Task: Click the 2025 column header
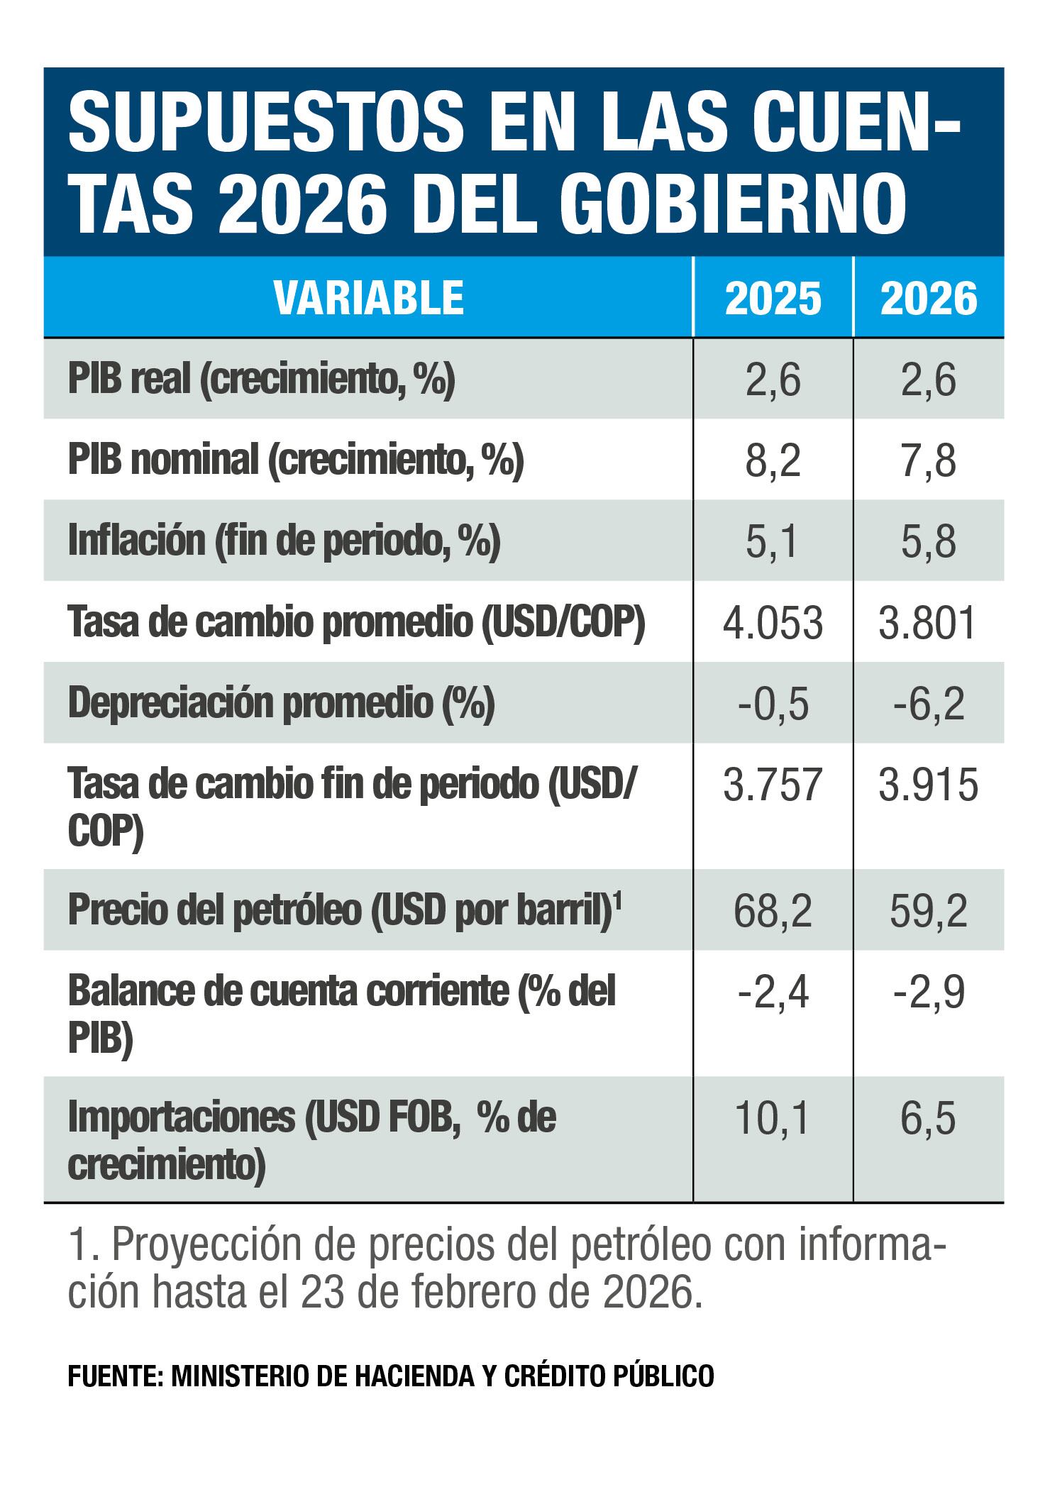pyautogui.click(x=773, y=299)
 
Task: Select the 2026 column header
pyautogui.click(x=929, y=299)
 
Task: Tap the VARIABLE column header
pyautogui.click(x=369, y=298)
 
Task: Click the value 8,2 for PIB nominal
pyautogui.click(x=773, y=462)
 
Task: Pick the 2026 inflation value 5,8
pyautogui.click(x=929, y=543)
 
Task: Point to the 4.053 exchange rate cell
pyautogui.click(x=773, y=624)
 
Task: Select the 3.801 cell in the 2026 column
pyautogui.click(x=929, y=624)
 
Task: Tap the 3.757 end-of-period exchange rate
pyautogui.click(x=773, y=787)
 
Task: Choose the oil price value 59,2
pyautogui.click(x=929, y=912)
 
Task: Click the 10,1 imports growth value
pyautogui.click(x=773, y=1119)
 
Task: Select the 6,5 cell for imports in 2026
pyautogui.click(x=929, y=1119)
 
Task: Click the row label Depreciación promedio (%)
pyautogui.click(x=281, y=704)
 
